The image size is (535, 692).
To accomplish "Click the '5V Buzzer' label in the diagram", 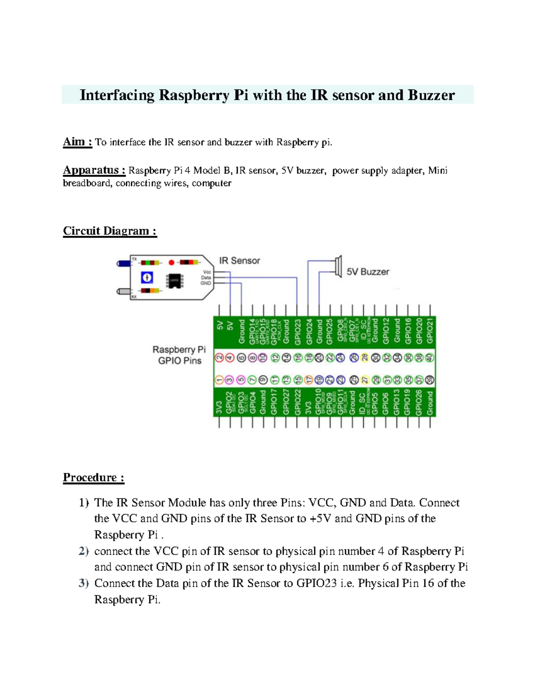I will [x=368, y=272].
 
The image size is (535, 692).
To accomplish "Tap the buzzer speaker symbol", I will [x=338, y=266].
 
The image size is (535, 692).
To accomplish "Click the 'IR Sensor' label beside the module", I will [x=239, y=261].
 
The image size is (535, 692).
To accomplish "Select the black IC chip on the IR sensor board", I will [x=174, y=280].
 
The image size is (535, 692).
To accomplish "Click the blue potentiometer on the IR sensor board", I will [x=147, y=278].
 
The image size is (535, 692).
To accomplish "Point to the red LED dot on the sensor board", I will [x=171, y=262].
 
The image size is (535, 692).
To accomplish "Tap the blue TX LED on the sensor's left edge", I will [x=122, y=264].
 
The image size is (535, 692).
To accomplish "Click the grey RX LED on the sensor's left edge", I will [x=122, y=291].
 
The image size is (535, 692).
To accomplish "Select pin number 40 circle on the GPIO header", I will [x=429, y=357].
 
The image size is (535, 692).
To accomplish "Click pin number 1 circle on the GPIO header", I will [x=219, y=380].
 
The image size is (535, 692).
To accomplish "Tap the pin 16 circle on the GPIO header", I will [x=298, y=357].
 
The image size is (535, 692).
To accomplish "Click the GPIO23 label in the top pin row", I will [x=298, y=332].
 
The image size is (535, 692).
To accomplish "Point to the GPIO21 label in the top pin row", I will [x=430, y=331].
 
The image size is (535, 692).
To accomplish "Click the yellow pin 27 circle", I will [x=365, y=380].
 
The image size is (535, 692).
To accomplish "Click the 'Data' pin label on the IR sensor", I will [x=206, y=278].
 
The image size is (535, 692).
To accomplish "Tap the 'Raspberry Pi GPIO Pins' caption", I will [x=179, y=355].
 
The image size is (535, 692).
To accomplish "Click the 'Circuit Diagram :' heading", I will [x=110, y=231].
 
